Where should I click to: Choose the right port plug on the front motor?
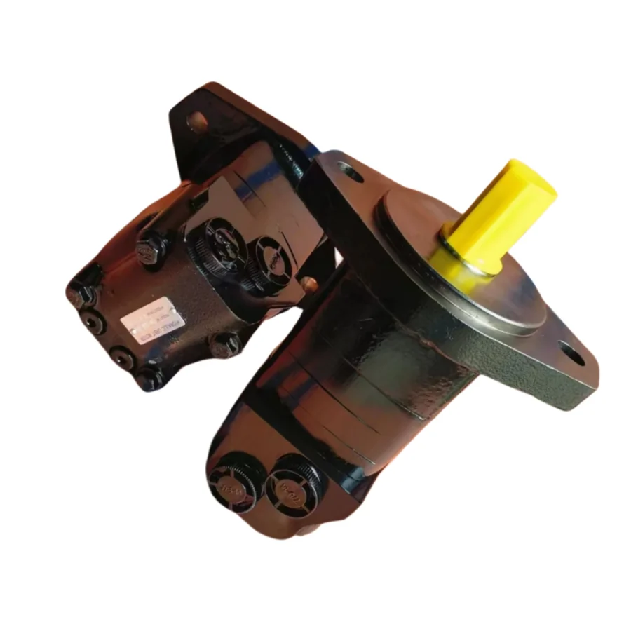click(x=289, y=483)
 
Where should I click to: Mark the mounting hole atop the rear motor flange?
click(x=198, y=120)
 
